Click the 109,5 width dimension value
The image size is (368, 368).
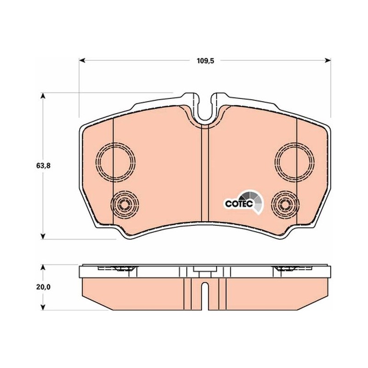pos(205,61)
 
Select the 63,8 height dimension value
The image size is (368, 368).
pos(43,166)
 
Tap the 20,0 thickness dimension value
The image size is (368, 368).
pos(43,287)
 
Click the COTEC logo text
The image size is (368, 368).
pos(239,203)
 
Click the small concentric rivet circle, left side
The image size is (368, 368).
pos(125,205)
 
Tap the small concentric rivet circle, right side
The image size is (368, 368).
pos(285,205)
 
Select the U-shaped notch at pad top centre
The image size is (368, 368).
pos(205,119)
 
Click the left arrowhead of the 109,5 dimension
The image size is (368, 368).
pos(82,61)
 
